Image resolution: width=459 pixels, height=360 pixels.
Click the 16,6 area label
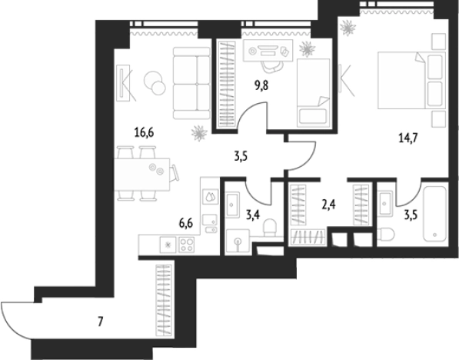point(144,133)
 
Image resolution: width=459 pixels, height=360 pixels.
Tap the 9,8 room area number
point(261,86)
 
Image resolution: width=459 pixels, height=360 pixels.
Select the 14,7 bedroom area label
point(408,138)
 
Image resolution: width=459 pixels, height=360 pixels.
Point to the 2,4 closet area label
point(328,205)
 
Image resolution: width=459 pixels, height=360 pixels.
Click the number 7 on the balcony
point(101,322)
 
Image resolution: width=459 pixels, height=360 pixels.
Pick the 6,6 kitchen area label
point(186,224)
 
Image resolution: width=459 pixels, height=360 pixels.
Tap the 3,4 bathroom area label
point(253,215)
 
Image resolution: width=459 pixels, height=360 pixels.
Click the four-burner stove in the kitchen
point(187,245)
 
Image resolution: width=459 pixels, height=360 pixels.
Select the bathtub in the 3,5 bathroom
point(434,214)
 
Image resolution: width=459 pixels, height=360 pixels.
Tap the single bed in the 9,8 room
point(313,93)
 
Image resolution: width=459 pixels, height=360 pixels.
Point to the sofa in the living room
point(191,84)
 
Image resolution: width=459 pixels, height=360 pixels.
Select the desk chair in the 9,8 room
point(271,67)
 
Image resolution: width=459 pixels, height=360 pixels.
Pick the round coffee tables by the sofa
point(155,83)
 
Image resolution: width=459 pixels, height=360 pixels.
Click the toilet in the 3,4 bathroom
point(270,228)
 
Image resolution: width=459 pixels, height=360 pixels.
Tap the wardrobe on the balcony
point(164,300)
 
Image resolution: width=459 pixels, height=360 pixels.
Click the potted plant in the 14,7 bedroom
point(348,28)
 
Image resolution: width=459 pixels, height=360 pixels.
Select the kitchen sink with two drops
point(211,197)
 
